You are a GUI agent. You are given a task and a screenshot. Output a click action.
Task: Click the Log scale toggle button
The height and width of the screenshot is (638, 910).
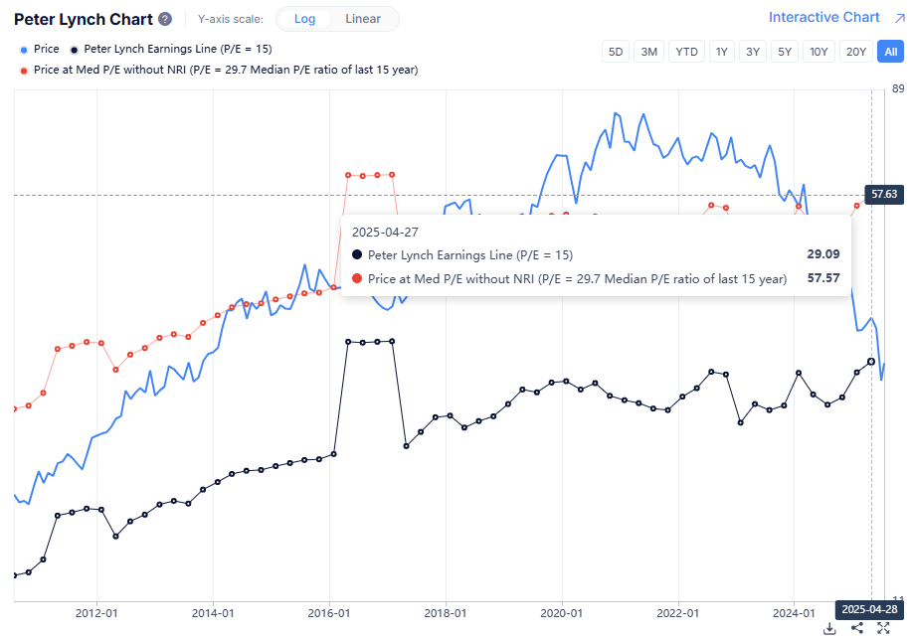tap(304, 19)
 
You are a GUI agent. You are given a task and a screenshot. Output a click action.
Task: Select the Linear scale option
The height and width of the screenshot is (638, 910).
tap(362, 19)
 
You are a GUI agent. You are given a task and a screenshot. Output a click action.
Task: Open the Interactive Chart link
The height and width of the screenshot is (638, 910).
tap(823, 17)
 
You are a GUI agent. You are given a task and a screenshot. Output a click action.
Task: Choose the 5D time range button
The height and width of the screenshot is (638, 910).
tap(616, 52)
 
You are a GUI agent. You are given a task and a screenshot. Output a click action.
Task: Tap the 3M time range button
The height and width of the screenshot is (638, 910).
tap(649, 52)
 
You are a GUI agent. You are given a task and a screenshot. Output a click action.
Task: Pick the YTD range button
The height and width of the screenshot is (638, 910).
tap(686, 52)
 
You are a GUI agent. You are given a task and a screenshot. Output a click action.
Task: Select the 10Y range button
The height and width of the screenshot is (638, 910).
tap(819, 52)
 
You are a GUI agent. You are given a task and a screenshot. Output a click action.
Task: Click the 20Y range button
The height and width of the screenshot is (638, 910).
tap(854, 52)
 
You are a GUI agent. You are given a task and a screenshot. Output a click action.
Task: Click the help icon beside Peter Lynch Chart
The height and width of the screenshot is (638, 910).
tap(165, 19)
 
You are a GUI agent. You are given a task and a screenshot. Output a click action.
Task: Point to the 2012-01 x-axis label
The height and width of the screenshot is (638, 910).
tap(97, 613)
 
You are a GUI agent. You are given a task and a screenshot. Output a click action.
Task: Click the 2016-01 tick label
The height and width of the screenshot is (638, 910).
tap(330, 613)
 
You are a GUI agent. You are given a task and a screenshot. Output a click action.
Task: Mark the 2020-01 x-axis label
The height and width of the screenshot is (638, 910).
tap(563, 613)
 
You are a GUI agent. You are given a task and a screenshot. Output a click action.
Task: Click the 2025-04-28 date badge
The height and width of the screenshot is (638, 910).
tap(869, 609)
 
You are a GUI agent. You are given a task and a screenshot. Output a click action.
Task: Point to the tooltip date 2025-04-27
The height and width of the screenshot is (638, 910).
tap(384, 231)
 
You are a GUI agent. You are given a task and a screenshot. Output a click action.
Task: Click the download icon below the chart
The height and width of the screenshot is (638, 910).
tap(829, 628)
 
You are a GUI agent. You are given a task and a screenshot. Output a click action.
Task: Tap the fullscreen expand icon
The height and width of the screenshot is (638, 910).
tap(882, 628)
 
